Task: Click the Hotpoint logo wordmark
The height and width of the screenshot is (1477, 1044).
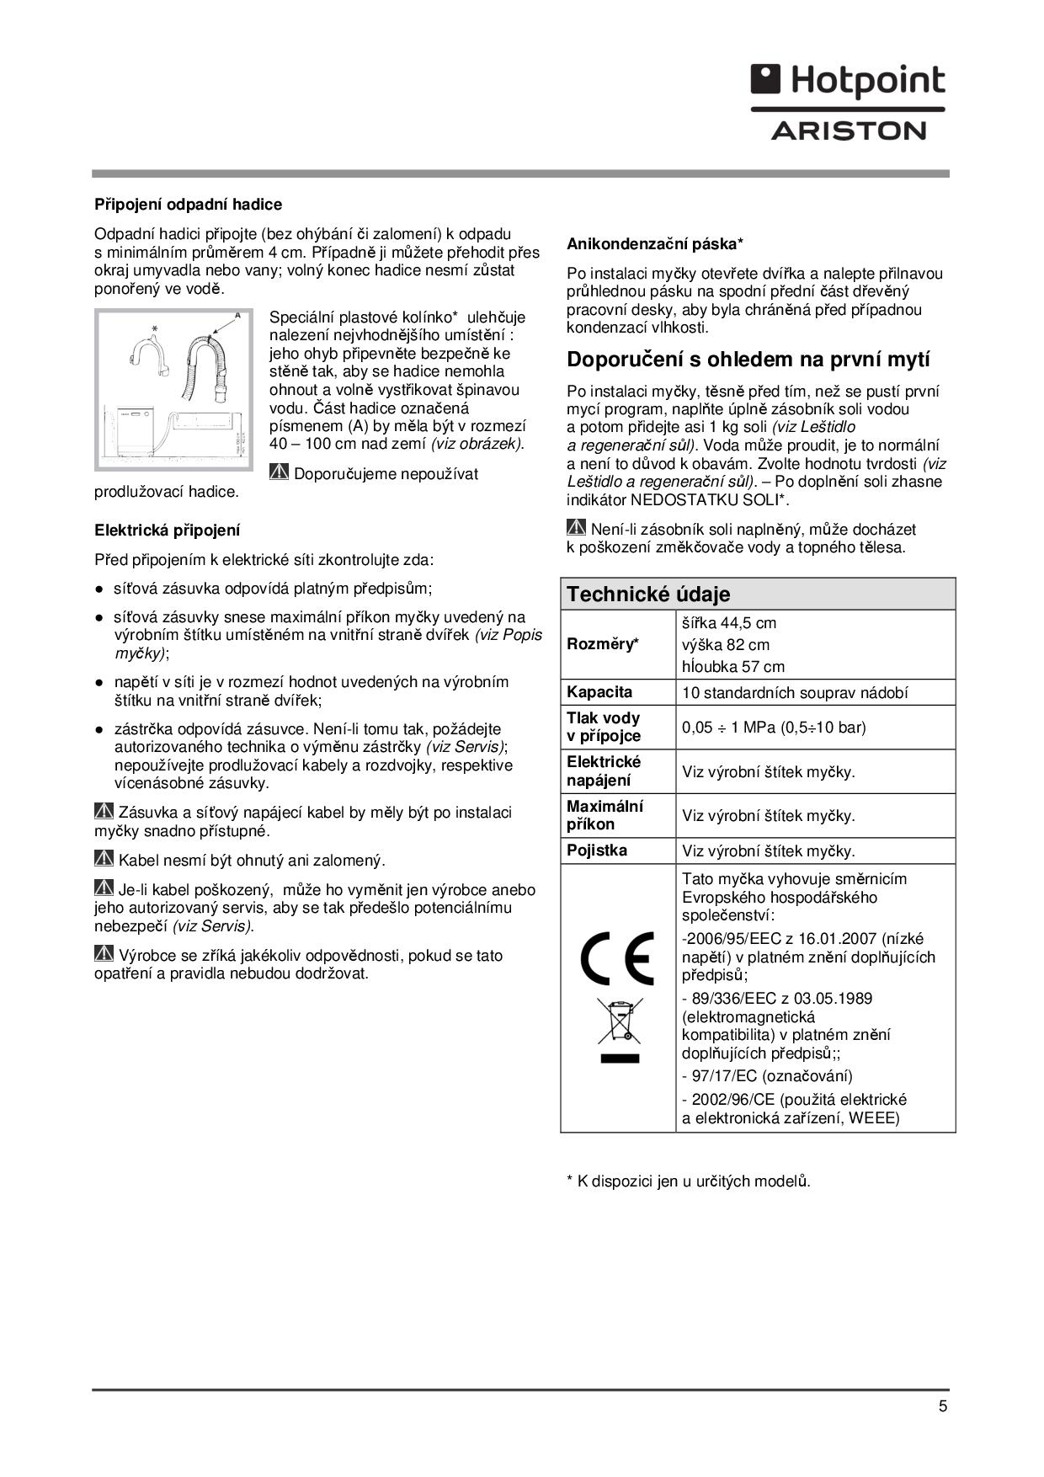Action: (849, 82)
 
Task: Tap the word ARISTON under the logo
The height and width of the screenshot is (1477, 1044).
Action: (849, 131)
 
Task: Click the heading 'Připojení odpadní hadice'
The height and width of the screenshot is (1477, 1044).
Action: (188, 205)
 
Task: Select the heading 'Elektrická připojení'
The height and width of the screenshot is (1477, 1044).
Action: (167, 531)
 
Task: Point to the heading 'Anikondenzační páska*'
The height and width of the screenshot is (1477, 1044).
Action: (655, 244)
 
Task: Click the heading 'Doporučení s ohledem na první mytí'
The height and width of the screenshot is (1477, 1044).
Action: (748, 360)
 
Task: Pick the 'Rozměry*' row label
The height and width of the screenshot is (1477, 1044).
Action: (603, 644)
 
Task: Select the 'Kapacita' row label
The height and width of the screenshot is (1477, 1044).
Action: (599, 692)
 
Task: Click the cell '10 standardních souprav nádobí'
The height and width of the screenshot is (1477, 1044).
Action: (795, 693)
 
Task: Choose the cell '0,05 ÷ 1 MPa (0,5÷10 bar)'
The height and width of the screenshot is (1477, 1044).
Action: (774, 728)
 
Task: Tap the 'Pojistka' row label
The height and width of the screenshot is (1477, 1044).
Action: (597, 850)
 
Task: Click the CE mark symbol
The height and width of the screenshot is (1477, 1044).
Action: (617, 958)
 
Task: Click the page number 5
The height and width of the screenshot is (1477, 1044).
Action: (943, 1406)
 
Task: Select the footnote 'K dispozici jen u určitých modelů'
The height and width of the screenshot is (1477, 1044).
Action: (693, 1181)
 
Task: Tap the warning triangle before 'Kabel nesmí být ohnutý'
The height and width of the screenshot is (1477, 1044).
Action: (104, 859)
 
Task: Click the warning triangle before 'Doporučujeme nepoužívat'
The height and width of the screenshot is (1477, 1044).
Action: (280, 472)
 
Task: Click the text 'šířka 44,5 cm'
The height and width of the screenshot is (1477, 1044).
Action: (729, 623)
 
